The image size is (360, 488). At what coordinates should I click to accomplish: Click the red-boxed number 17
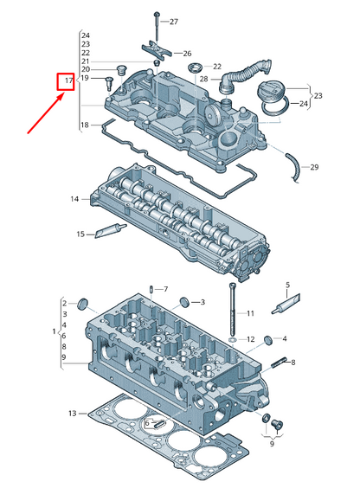[67, 82]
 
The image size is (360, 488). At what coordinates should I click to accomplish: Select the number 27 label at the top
[174, 21]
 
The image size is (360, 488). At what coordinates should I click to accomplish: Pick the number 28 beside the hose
[204, 79]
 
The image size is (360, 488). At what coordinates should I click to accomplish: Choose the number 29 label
[314, 166]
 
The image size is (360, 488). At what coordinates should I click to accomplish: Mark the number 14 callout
[75, 199]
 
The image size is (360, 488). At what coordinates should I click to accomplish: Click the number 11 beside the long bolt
[251, 312]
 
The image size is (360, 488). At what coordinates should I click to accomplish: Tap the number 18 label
[85, 125]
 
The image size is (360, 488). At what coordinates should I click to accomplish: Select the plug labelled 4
[268, 337]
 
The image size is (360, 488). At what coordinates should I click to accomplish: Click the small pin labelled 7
[151, 289]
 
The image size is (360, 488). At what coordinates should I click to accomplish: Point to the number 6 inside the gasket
[148, 422]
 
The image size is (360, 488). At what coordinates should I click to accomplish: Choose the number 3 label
[202, 303]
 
